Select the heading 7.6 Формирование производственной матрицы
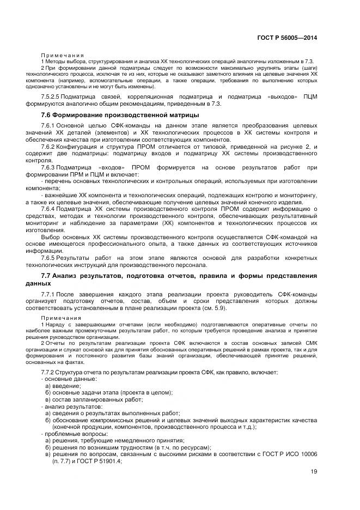pos(120,115)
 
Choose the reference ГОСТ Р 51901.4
pos(99,461)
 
